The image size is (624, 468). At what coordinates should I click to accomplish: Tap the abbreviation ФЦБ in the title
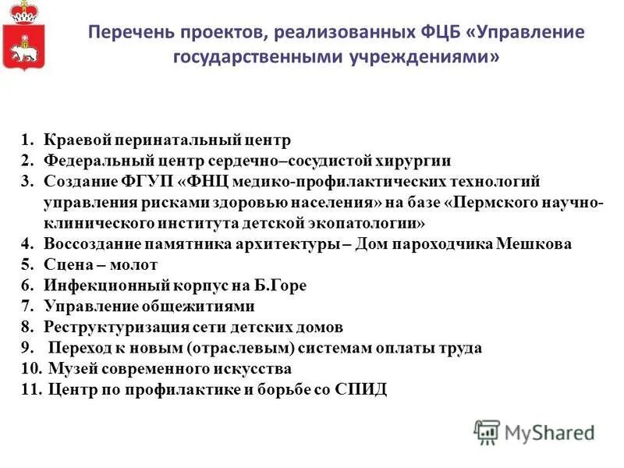(440, 34)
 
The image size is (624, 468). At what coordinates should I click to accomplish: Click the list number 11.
(30, 389)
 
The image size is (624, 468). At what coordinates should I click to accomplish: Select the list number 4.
(27, 244)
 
